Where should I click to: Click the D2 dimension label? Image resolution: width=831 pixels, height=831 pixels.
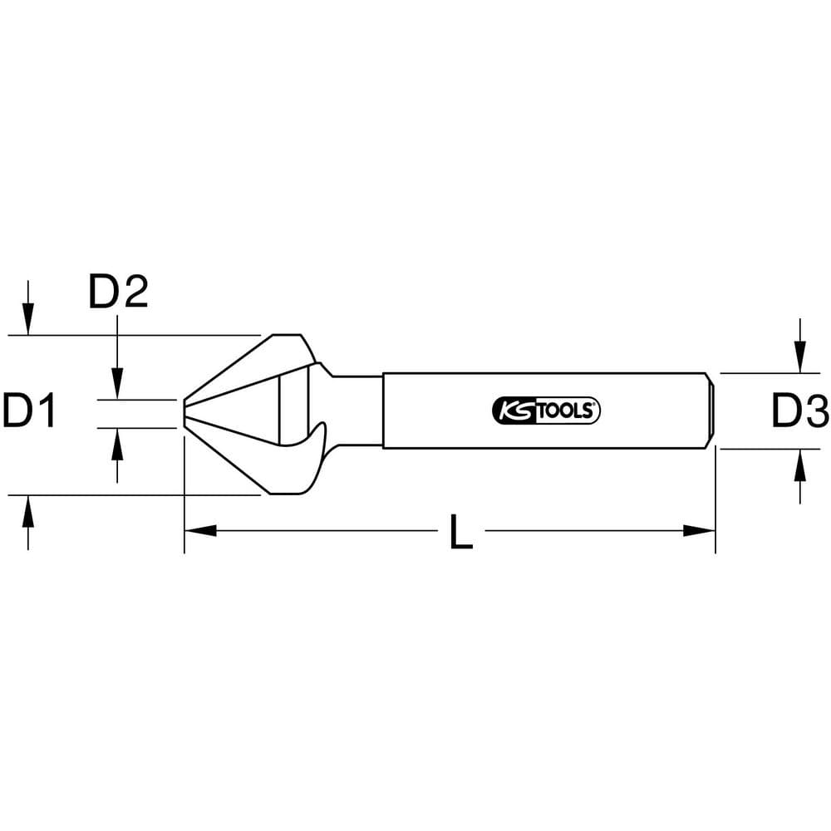118,291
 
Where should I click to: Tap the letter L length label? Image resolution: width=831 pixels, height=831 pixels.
461,531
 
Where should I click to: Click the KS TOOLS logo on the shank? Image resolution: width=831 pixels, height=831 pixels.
547,411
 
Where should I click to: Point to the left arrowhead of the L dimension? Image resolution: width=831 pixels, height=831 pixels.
200,530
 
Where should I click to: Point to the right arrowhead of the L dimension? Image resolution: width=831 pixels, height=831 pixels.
699,530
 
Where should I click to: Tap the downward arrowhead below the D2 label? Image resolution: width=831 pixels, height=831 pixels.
118,383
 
